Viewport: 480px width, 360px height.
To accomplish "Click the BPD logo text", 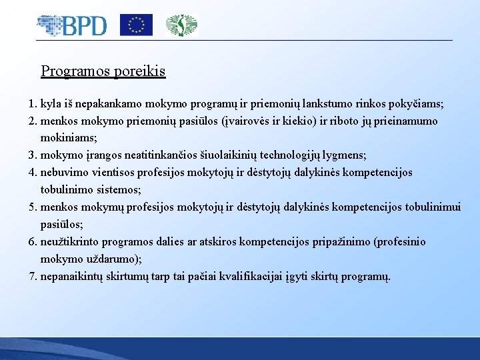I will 84,25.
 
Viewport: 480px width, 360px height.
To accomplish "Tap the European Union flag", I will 136,25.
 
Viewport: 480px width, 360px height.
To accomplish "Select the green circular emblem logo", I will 181,25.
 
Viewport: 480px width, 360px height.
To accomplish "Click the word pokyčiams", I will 415,105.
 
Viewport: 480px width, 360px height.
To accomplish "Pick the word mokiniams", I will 67,138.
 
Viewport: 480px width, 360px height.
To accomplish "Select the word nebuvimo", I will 65,172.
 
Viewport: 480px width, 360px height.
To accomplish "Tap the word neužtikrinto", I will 70,241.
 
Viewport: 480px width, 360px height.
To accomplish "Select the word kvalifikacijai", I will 255,275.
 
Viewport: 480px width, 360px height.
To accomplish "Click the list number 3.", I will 32,155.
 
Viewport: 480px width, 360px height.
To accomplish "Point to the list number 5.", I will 32,207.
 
